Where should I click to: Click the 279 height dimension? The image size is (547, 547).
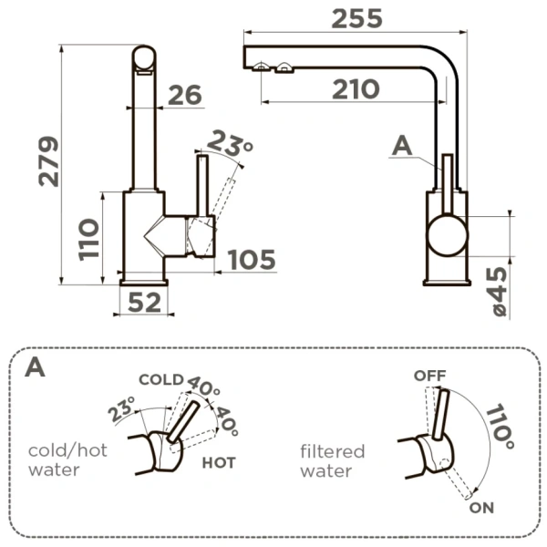click(x=46, y=161)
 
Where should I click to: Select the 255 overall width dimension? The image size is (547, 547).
click(x=356, y=17)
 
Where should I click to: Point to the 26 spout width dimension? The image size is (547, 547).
click(x=185, y=96)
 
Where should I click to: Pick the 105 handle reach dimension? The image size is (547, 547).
click(x=251, y=260)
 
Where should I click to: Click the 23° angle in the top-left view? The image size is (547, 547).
click(x=229, y=143)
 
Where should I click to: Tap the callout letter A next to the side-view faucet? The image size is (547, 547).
click(x=402, y=144)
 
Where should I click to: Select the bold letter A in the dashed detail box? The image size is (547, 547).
click(x=36, y=367)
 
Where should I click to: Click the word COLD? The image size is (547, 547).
click(x=160, y=379)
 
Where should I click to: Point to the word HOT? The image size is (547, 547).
click(x=219, y=462)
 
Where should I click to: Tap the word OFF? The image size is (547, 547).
click(x=428, y=375)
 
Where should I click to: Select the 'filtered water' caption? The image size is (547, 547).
click(x=332, y=460)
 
